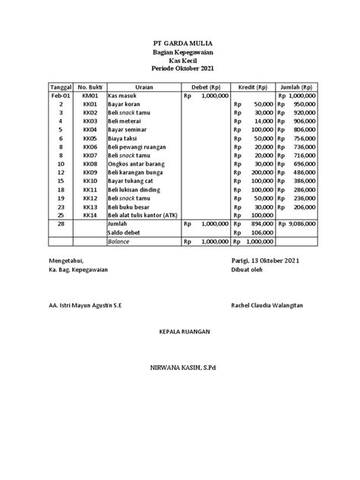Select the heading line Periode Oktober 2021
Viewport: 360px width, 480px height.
179,69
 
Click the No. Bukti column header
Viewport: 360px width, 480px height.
90,87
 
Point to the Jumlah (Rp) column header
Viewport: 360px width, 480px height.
298,87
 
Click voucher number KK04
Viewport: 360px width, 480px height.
90,130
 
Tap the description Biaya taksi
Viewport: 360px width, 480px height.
125,139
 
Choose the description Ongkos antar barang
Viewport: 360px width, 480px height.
135,163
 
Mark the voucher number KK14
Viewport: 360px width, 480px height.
90,215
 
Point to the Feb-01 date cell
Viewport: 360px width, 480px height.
60,96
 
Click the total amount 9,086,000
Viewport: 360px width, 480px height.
302,224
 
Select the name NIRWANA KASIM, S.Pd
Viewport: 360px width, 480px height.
179,367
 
